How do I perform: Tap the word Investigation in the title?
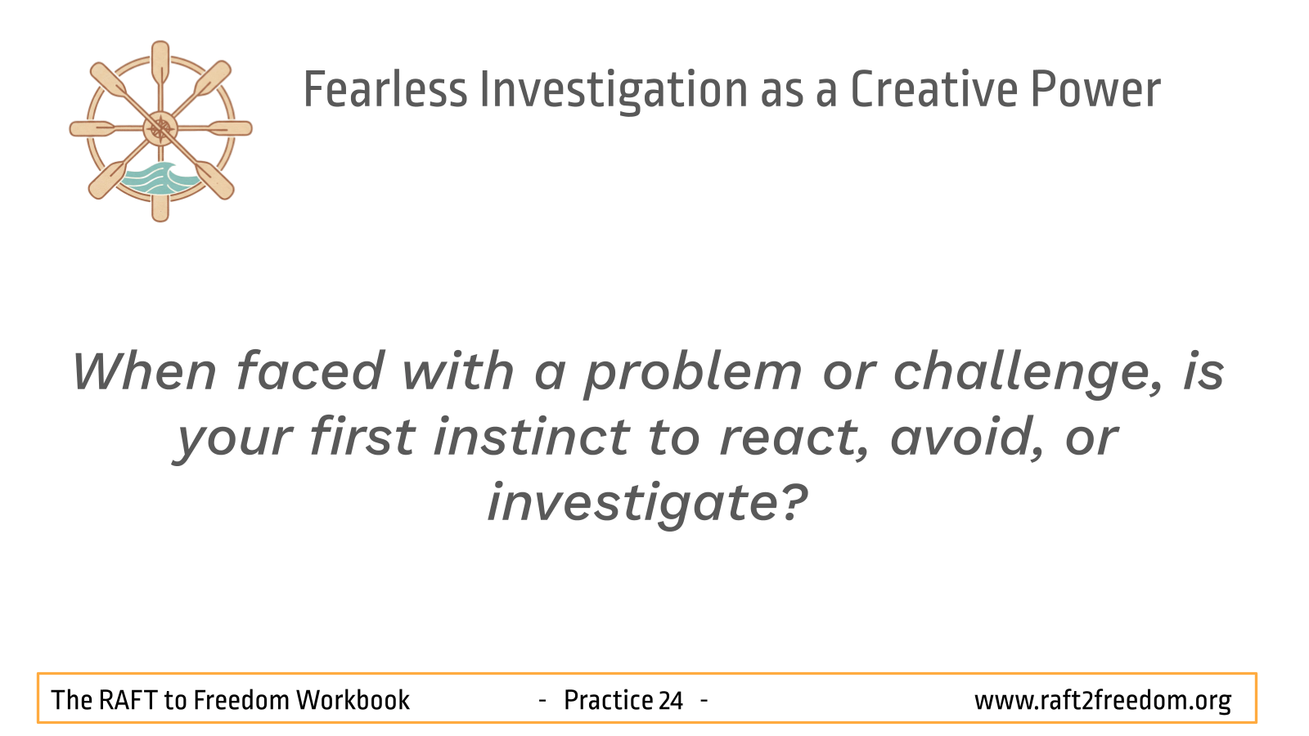tap(614, 91)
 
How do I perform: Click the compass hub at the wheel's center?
tap(160, 129)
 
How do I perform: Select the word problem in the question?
tap(693, 374)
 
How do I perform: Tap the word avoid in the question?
tap(967, 438)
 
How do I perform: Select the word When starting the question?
tap(144, 371)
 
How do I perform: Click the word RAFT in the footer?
tap(126, 700)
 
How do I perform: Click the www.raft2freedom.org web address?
tap(1103, 701)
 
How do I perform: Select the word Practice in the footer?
tap(608, 700)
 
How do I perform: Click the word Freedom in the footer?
tap(241, 700)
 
